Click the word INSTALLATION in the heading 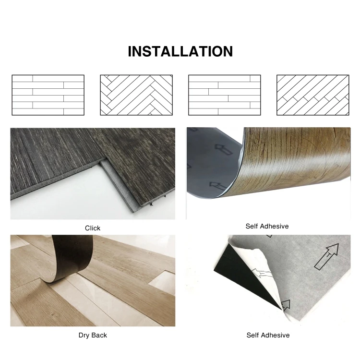click(x=180, y=51)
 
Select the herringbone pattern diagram click(x=136, y=95)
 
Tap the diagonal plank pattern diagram click(x=312, y=95)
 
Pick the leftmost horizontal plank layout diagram click(x=48, y=95)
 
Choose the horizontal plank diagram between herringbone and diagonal click(x=224, y=95)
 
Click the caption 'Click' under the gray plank click(x=93, y=228)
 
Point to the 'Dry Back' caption click(x=93, y=335)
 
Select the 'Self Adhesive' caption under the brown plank click(x=267, y=226)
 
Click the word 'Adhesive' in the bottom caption click(x=276, y=335)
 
